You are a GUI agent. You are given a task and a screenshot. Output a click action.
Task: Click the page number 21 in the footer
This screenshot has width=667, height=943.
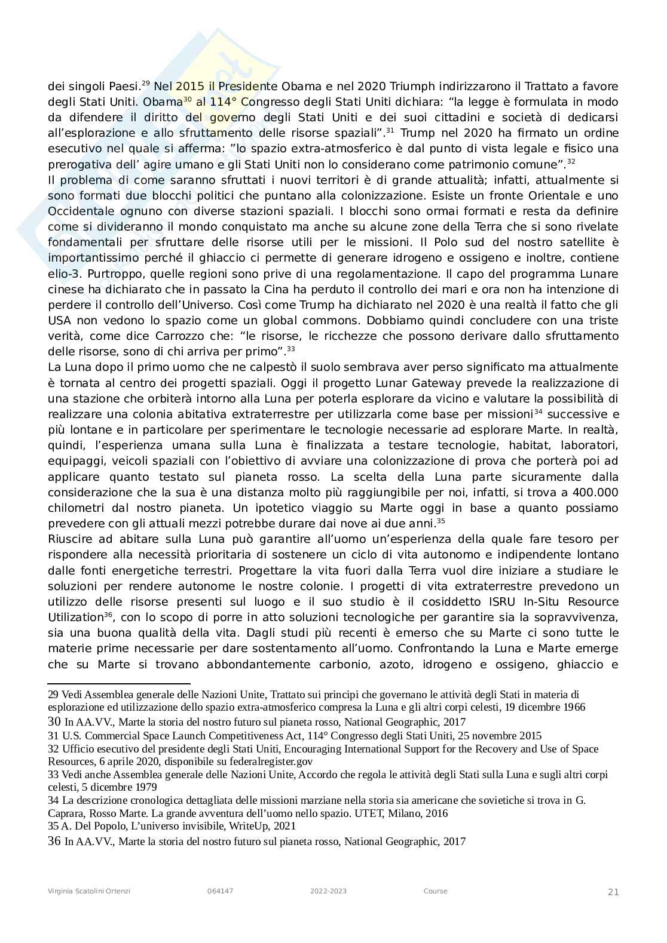click(613, 892)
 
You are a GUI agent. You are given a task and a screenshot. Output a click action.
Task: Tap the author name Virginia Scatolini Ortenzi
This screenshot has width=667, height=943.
click(89, 891)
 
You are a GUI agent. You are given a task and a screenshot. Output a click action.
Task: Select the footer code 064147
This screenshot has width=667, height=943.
click(220, 891)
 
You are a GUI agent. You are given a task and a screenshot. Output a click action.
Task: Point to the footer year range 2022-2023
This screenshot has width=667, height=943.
click(328, 891)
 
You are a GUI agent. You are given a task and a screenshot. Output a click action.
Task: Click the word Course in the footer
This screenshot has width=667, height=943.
click(435, 891)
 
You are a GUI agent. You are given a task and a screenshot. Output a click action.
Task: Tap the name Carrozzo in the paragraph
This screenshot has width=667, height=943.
click(160, 336)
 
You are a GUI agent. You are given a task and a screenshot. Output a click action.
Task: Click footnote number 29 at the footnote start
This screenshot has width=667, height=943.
click(53, 695)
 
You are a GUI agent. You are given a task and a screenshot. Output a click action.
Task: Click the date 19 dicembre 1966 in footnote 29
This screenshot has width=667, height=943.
click(542, 707)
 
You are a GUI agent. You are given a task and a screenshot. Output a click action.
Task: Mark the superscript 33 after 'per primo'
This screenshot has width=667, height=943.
click(291, 349)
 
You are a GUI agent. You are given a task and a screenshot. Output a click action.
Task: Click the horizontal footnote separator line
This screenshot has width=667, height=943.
click(118, 683)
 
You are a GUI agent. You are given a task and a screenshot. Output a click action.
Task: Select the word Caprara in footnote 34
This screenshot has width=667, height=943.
click(65, 813)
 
